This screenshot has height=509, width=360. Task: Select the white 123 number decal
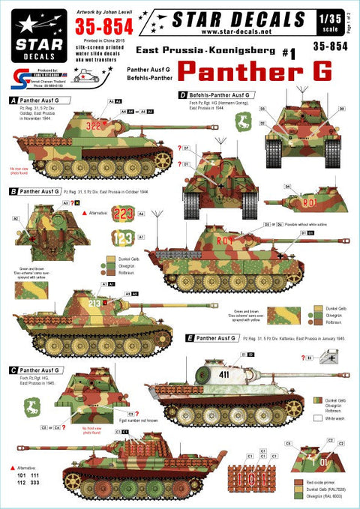click(x=125, y=239)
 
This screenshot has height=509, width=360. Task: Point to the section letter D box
click(x=183, y=95)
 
